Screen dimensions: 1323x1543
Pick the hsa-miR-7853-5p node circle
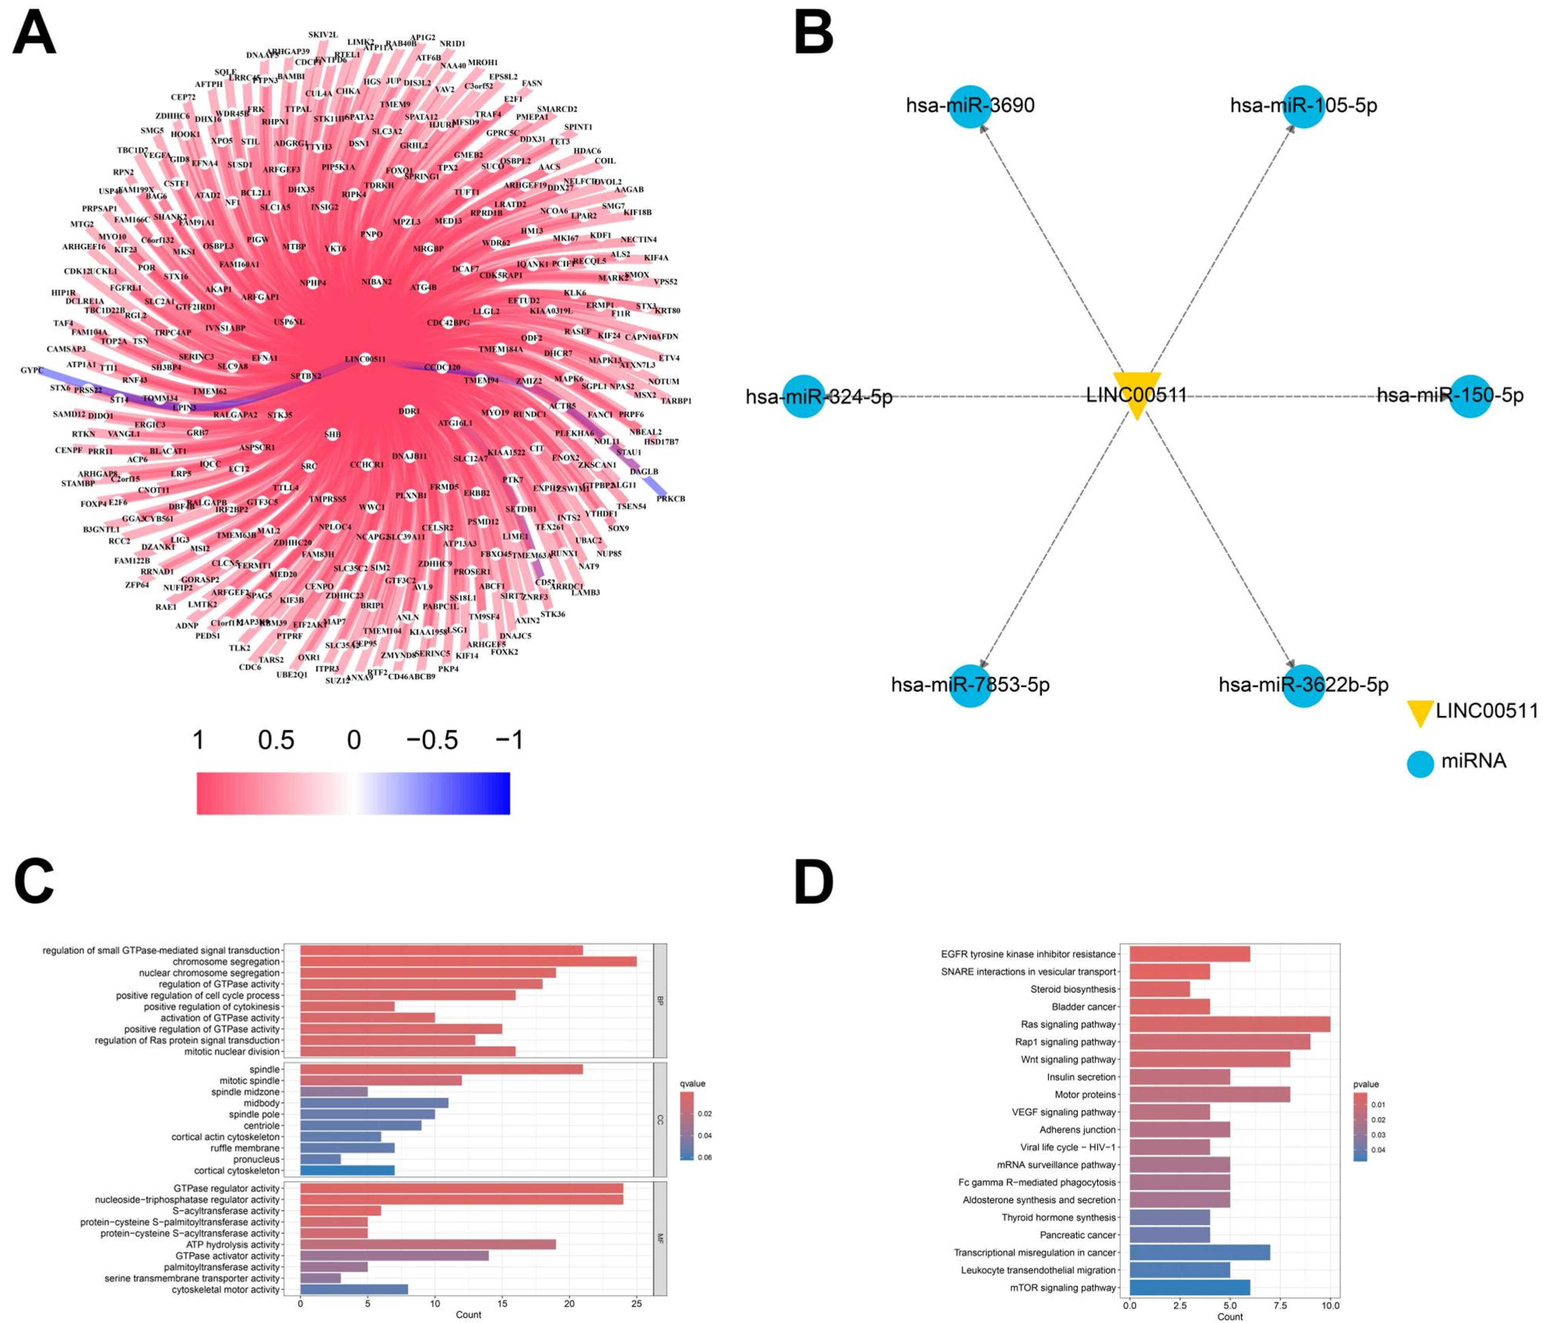click(x=970, y=685)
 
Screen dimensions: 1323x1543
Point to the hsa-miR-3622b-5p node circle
click(x=1303, y=685)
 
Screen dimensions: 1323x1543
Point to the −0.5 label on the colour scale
click(x=432, y=740)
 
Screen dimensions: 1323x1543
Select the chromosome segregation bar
click(x=468, y=961)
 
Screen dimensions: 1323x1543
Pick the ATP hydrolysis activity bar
click(x=428, y=1244)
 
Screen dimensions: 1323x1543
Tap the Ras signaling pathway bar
click(x=1230, y=1024)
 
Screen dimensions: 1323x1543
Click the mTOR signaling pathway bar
click(x=1189, y=1287)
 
